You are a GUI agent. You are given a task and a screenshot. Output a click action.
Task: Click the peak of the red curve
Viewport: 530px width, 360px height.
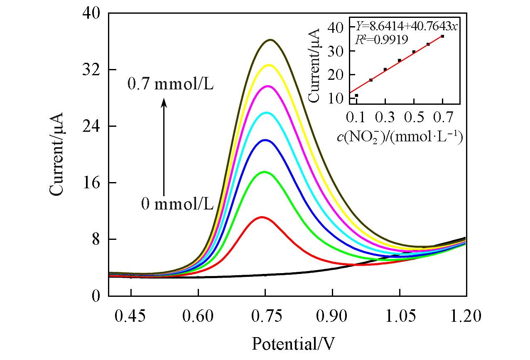point(262,217)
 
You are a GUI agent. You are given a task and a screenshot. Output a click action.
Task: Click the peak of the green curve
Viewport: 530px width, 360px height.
point(264,172)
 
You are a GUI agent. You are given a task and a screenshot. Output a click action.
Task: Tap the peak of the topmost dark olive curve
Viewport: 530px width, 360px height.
point(271,40)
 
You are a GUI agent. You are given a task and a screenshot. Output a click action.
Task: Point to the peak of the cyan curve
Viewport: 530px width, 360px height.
point(266,113)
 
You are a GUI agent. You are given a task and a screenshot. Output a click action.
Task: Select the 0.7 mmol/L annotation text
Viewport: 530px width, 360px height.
point(170,84)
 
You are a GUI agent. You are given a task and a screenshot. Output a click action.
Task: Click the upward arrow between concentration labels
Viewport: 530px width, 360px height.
point(164,145)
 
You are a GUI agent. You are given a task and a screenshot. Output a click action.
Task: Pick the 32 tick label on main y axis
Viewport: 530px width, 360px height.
point(91,69)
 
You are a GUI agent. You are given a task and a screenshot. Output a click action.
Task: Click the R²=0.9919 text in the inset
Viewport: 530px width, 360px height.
point(381,39)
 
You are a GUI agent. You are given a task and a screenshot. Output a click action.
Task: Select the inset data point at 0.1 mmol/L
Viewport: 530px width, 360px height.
point(356,96)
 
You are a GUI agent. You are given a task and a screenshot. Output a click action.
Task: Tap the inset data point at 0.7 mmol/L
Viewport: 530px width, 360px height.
point(442,37)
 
